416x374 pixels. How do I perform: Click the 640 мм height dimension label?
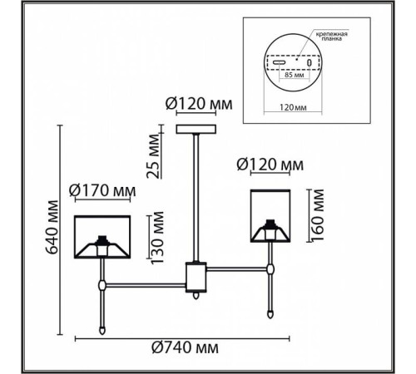coord(52,227)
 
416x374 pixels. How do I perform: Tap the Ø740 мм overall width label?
coord(185,347)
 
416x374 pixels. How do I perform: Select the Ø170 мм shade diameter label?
coord(102,190)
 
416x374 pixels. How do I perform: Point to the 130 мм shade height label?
coord(157,238)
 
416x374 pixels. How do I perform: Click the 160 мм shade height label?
coord(317,215)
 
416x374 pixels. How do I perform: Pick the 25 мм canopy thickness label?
coord(153,156)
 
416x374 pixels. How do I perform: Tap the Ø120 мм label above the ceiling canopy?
coord(199,104)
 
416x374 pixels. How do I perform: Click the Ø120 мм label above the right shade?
coord(270,165)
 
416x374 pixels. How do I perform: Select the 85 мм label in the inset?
coord(294,75)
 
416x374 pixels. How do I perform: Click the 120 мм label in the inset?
coord(293,107)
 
